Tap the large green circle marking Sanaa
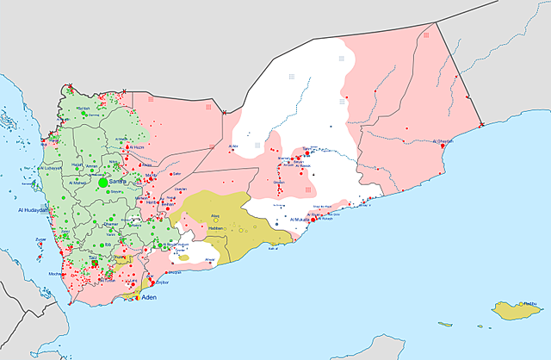point(103,183)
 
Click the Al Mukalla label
point(303,220)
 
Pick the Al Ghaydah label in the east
point(443,141)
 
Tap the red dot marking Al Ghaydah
point(443,147)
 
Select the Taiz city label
point(93,257)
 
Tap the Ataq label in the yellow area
point(216,215)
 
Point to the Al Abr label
point(232,146)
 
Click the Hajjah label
point(77,164)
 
